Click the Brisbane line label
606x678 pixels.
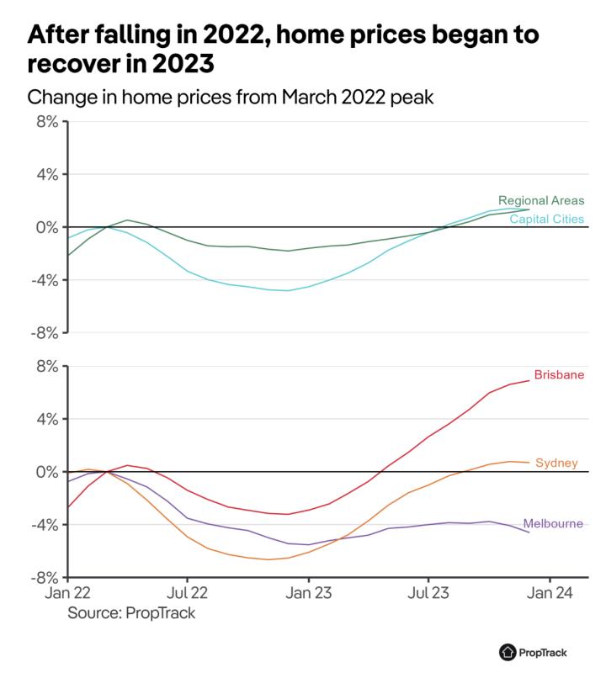(x=559, y=375)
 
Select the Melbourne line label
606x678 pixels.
(x=553, y=523)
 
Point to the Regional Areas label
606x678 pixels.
(x=541, y=201)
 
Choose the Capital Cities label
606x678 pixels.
(x=546, y=220)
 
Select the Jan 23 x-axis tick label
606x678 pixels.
(x=308, y=592)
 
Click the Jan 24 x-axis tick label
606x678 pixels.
(x=550, y=592)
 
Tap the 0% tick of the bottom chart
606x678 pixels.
(x=46, y=472)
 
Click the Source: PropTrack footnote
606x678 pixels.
(x=131, y=612)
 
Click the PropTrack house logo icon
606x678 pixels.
(x=507, y=651)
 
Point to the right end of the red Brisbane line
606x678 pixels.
(x=529, y=381)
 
